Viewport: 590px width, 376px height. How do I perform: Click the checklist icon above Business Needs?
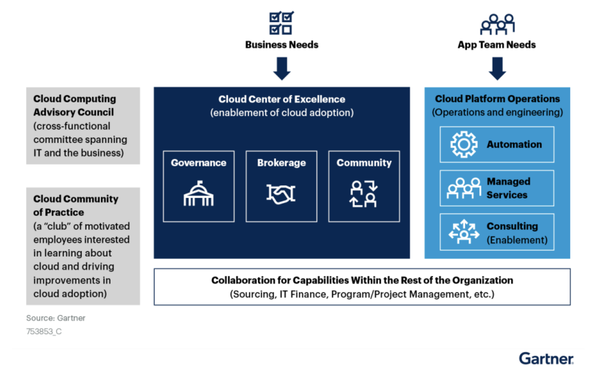(281, 23)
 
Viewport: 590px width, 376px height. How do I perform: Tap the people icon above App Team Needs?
(497, 24)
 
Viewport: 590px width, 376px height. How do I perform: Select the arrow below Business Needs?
(282, 68)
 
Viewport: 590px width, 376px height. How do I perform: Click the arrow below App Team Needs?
(497, 68)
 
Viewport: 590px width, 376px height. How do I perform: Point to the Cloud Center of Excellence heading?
(282, 99)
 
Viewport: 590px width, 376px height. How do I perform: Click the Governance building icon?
(198, 194)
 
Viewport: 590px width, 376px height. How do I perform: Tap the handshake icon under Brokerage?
(281, 194)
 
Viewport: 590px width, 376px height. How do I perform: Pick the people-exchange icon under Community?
(364, 194)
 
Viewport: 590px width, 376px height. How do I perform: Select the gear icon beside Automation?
(464, 144)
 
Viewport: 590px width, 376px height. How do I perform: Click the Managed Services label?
(508, 188)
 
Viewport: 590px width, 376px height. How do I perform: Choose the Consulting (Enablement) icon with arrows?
(464, 232)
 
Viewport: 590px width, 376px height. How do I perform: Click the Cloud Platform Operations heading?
(497, 99)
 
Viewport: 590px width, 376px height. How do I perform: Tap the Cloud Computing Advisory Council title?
(75, 105)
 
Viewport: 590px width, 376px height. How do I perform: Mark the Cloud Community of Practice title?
(75, 205)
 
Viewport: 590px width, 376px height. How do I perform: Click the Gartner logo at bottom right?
(546, 359)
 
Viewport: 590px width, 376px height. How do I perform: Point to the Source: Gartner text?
(56, 318)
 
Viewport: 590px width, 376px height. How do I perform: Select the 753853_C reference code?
(44, 332)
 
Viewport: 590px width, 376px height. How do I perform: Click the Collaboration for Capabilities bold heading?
(362, 280)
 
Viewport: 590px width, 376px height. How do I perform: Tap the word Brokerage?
(281, 163)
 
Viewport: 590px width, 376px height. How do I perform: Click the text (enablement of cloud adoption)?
(282, 113)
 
